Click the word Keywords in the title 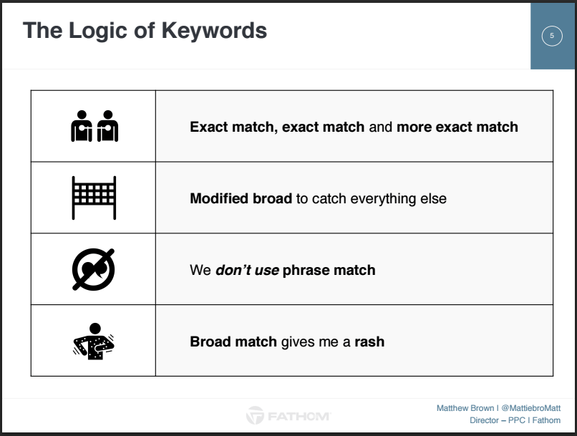point(214,30)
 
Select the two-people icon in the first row point(94,126)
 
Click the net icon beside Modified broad point(94,198)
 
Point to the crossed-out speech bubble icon point(93,269)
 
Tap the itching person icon point(94,341)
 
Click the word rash point(369,341)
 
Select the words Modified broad point(241,198)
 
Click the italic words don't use point(247,270)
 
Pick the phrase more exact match point(457,127)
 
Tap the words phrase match point(329,271)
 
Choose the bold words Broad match point(233,341)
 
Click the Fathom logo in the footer point(288,416)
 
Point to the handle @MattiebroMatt point(531,408)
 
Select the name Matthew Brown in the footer point(465,408)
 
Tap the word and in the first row point(381,127)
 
